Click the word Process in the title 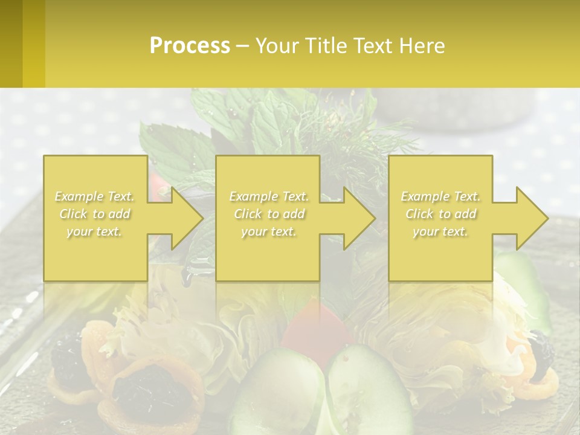[x=190, y=45]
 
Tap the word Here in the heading [x=422, y=45]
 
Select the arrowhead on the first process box [x=181, y=218]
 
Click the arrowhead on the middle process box [x=354, y=218]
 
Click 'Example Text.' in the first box [x=94, y=196]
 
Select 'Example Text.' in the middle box [x=268, y=196]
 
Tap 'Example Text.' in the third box [x=440, y=196]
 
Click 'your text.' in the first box [x=94, y=231]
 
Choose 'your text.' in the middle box [x=268, y=231]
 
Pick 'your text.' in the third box [x=440, y=231]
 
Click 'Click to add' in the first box [x=94, y=214]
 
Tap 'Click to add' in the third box [x=440, y=214]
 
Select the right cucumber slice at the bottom [x=362, y=387]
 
